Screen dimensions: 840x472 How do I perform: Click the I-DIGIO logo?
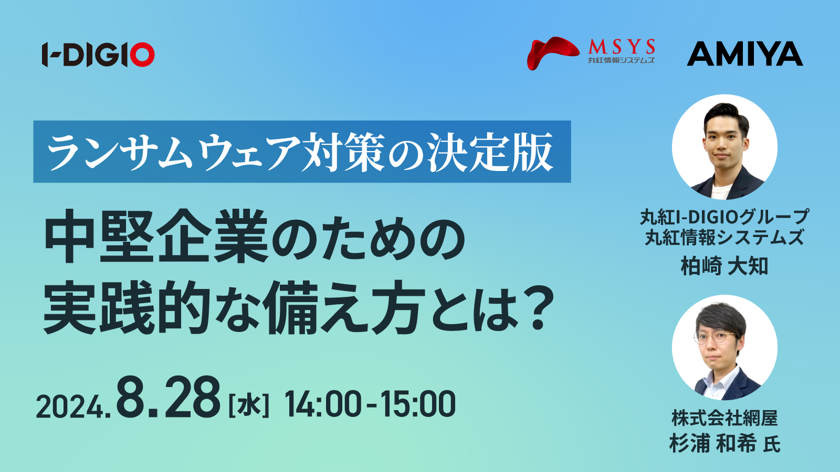coord(98,55)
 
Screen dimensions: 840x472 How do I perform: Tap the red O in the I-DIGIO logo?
coord(141,55)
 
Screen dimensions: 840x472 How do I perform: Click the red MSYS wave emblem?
coord(553,53)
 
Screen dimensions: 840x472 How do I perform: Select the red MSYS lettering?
coord(622,47)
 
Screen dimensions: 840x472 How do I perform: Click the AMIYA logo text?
coord(745,53)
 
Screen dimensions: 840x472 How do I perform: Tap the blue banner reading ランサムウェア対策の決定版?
coord(302,152)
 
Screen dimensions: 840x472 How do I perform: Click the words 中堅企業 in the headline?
coord(156,236)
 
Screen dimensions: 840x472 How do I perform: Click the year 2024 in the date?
coord(70,407)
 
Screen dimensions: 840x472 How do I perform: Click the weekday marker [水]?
coord(249,404)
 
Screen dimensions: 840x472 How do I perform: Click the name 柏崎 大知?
coord(724,266)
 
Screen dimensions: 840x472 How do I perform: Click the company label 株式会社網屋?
coord(724,418)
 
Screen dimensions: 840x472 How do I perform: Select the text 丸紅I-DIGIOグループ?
coord(724,217)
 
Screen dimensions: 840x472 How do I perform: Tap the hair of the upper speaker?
coord(726,114)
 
